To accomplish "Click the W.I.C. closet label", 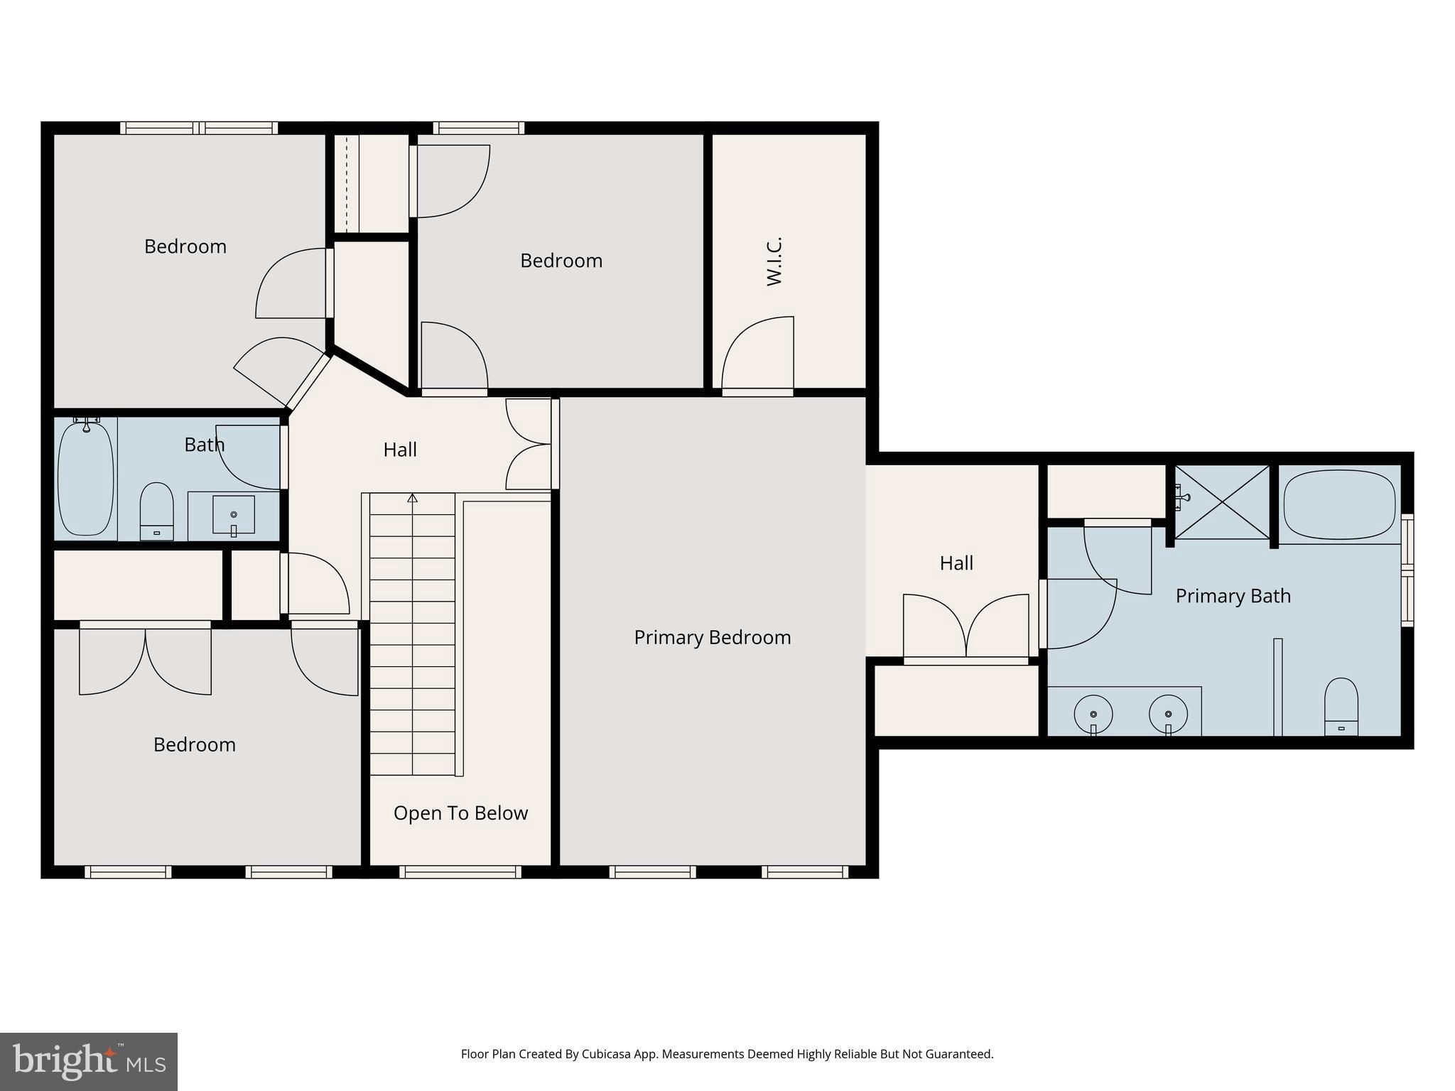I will [774, 261].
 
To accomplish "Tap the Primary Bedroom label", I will [712, 637].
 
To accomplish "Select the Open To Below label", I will [460, 813].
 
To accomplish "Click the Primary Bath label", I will [1233, 595].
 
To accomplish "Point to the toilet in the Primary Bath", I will [1341, 706].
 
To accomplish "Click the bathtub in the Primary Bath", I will [1339, 504].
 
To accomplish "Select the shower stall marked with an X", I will [1222, 501].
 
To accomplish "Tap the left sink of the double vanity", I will [1093, 714].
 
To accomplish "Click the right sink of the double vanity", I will [1168, 714].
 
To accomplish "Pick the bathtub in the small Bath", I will [85, 478].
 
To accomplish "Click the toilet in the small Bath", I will [156, 510].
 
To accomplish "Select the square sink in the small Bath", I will [233, 514].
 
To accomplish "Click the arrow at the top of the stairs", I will [412, 498].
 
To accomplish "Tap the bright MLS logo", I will [89, 1061].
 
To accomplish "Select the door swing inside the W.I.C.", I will [757, 354].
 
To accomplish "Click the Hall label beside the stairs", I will [399, 450].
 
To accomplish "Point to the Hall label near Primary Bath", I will [956, 563].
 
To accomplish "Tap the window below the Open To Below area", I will [460, 872].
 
